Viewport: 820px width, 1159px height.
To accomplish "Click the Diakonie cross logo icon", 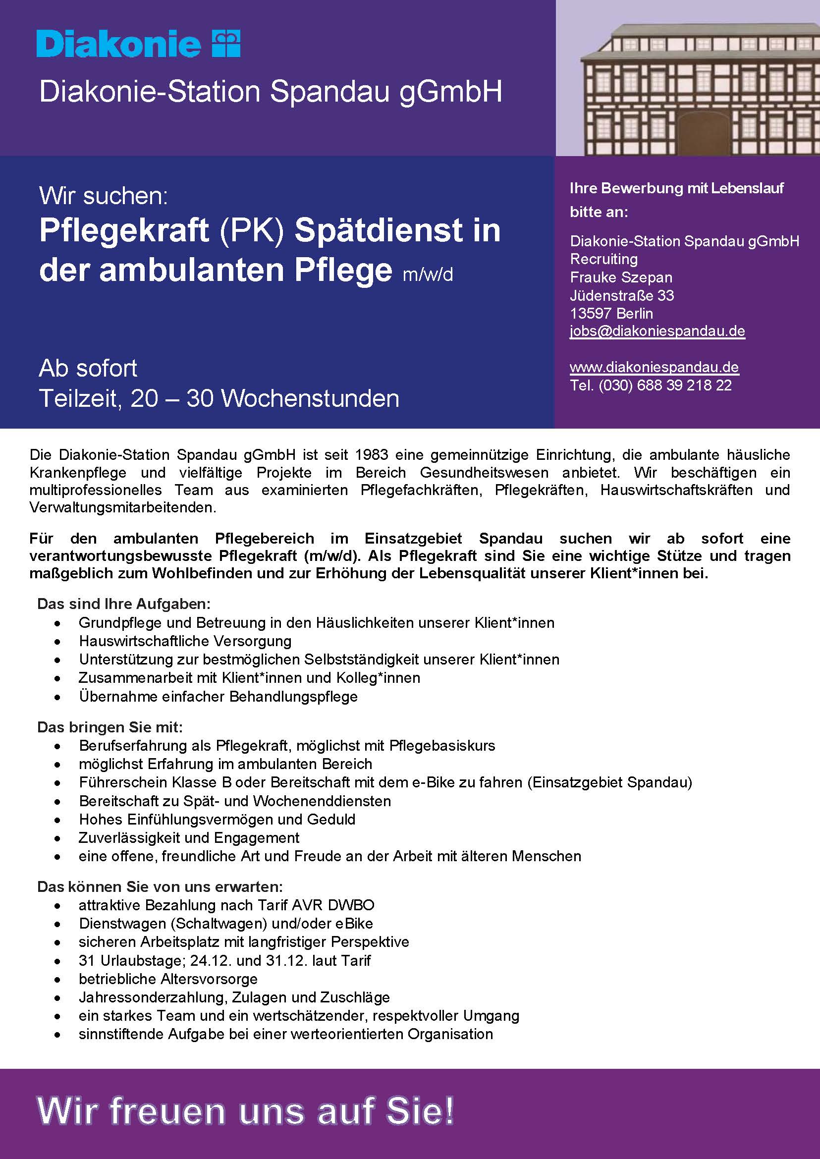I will click(x=226, y=43).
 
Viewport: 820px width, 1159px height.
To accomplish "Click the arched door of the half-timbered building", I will click(x=704, y=133).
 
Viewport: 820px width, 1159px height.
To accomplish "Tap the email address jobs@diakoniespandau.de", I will click(x=657, y=331).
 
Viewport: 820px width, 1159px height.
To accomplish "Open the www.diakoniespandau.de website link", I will click(x=654, y=367).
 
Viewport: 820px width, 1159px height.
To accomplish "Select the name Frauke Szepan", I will click(x=620, y=277).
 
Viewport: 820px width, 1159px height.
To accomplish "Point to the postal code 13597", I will click(x=590, y=314).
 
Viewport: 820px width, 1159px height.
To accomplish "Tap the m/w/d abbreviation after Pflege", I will click(x=428, y=274).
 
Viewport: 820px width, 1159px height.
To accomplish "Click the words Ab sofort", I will click(x=88, y=368).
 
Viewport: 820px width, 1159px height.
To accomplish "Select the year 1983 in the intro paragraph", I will click(x=371, y=454).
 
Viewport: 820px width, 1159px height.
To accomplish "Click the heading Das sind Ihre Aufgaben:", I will click(x=124, y=604).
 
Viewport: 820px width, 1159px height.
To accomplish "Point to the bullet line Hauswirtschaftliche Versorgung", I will click(x=185, y=641).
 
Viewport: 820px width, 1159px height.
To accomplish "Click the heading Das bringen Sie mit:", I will click(x=109, y=727).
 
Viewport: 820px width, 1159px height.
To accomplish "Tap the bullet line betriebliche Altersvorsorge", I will click(x=167, y=979).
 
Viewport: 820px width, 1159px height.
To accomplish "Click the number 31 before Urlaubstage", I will click(x=87, y=960).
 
